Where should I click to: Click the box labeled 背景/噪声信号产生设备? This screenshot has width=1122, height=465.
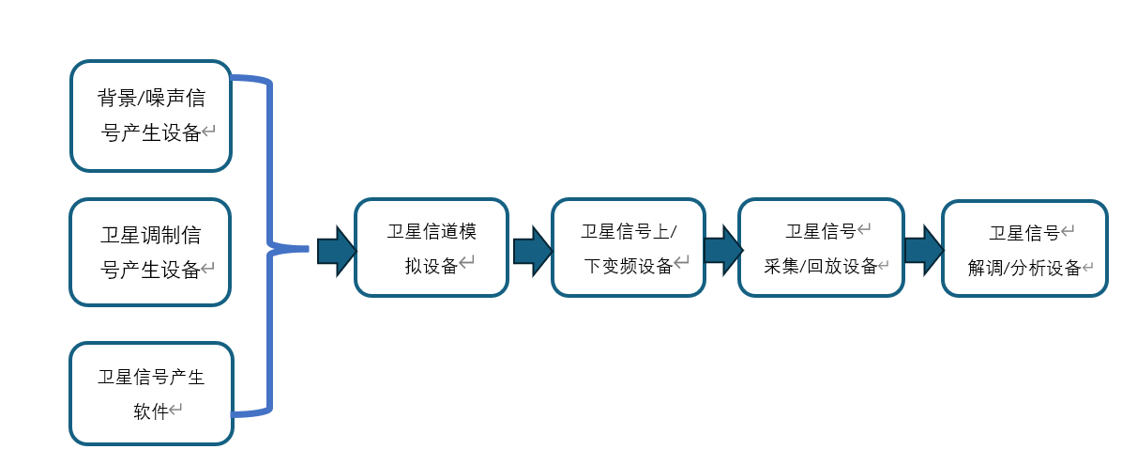pos(151,116)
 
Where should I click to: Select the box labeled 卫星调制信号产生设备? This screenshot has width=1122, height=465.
pos(150,252)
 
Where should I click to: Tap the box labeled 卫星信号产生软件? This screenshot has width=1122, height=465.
pos(152,394)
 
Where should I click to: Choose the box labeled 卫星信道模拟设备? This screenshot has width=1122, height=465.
pos(432,247)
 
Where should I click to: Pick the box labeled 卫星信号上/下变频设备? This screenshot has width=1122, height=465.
pos(629,247)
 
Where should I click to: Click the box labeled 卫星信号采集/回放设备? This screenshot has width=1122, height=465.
pos(822,247)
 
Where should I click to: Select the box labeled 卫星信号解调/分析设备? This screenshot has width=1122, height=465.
pos(1024,249)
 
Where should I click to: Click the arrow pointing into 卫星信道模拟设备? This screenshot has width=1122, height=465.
pos(336,250)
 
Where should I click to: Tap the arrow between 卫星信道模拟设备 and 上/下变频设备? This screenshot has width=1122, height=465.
pos(532,250)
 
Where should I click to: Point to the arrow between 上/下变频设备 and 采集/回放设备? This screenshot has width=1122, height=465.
pos(723,250)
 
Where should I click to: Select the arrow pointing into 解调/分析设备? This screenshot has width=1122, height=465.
pos(924,250)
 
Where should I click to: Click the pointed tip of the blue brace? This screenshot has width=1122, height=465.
pos(308,249)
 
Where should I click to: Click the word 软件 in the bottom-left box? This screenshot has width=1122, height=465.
pos(150,411)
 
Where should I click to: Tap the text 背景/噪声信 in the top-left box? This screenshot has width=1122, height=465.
pos(151,98)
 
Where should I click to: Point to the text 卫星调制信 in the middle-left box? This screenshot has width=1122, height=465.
pos(150,234)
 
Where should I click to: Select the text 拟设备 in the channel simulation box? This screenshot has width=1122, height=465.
pos(431,266)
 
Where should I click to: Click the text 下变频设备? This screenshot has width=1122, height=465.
pos(628,266)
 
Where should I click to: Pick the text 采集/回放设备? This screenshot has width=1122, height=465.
pos(820,266)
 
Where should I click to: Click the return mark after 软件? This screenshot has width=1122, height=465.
pos(175,410)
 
